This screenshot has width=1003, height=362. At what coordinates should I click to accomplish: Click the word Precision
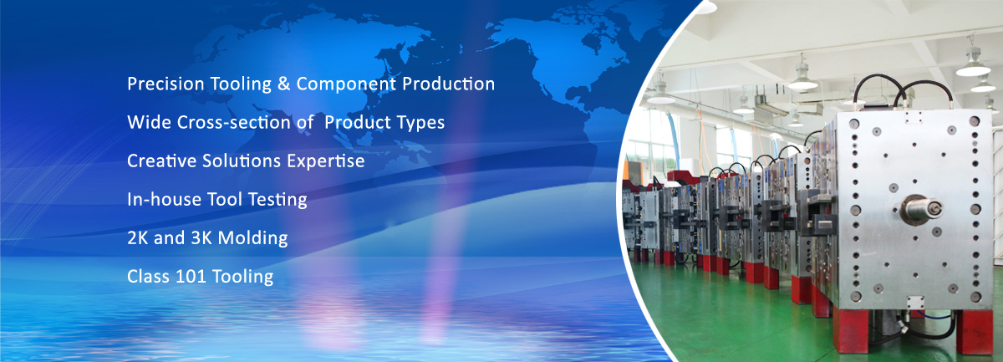(165, 84)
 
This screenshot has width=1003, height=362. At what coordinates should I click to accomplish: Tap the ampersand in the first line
(283, 84)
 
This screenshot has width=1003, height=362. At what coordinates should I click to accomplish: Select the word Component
(346, 84)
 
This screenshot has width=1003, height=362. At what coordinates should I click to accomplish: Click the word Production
(448, 84)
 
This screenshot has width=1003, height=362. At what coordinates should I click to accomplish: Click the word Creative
(161, 161)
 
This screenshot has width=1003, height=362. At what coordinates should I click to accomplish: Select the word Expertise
(325, 161)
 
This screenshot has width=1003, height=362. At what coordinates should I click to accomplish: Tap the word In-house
(165, 199)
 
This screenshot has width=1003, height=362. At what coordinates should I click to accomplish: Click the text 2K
(137, 238)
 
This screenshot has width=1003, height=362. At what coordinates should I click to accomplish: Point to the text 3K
(201, 238)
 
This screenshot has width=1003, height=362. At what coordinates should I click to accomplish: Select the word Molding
(253, 239)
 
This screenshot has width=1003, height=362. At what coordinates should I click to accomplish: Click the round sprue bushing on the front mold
(921, 210)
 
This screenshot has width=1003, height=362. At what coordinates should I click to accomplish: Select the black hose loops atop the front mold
(900, 89)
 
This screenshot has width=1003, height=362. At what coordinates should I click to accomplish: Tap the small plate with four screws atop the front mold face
(914, 117)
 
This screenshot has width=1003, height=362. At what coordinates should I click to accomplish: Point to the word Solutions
(242, 161)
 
